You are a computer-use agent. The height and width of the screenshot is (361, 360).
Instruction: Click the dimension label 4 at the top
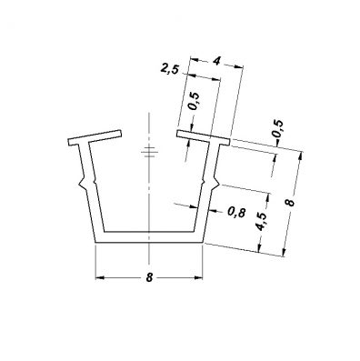pyautogui.click(x=216, y=61)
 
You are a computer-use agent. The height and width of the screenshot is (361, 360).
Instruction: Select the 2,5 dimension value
pyautogui.click(x=169, y=69)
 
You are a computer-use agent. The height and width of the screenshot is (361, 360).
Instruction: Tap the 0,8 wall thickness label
pyautogui.click(x=236, y=213)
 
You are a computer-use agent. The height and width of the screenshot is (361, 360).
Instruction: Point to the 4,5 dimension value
pyautogui.click(x=261, y=221)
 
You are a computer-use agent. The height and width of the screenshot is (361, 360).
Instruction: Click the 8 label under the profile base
pyautogui.click(x=149, y=277)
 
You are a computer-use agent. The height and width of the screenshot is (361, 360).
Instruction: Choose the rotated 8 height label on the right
pyautogui.click(x=290, y=203)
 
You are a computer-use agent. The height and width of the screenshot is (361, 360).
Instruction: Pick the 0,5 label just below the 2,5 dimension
pyautogui.click(x=194, y=101)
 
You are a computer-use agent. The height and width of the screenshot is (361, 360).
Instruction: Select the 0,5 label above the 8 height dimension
pyautogui.click(x=278, y=129)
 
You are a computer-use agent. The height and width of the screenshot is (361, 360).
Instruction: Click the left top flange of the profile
pyautogui.click(x=95, y=138)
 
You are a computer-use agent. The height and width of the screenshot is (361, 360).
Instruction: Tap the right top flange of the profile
pyautogui.click(x=204, y=137)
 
